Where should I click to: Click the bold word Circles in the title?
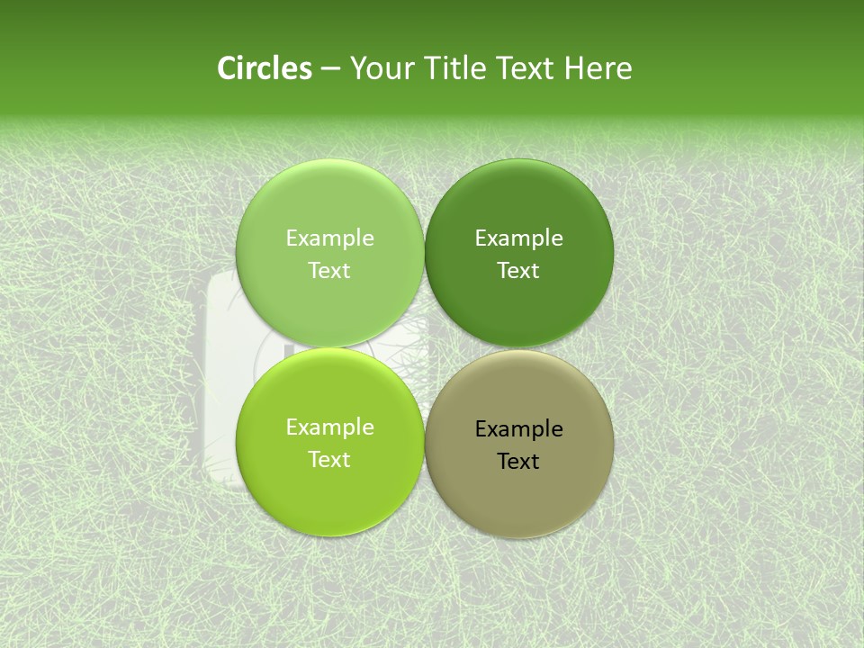tap(265, 68)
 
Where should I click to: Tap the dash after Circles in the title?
tap(330, 69)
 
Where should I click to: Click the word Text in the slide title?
tap(526, 68)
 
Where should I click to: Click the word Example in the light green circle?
tap(329, 238)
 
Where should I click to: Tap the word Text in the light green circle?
tap(329, 271)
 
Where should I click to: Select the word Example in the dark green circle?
tap(518, 238)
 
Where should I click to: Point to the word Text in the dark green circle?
tap(518, 271)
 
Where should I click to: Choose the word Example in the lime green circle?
tap(329, 427)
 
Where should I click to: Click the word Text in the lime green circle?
tap(329, 460)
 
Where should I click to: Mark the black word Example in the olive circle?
tap(518, 429)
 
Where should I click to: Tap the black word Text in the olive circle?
tap(518, 462)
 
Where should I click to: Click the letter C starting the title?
tap(227, 68)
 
